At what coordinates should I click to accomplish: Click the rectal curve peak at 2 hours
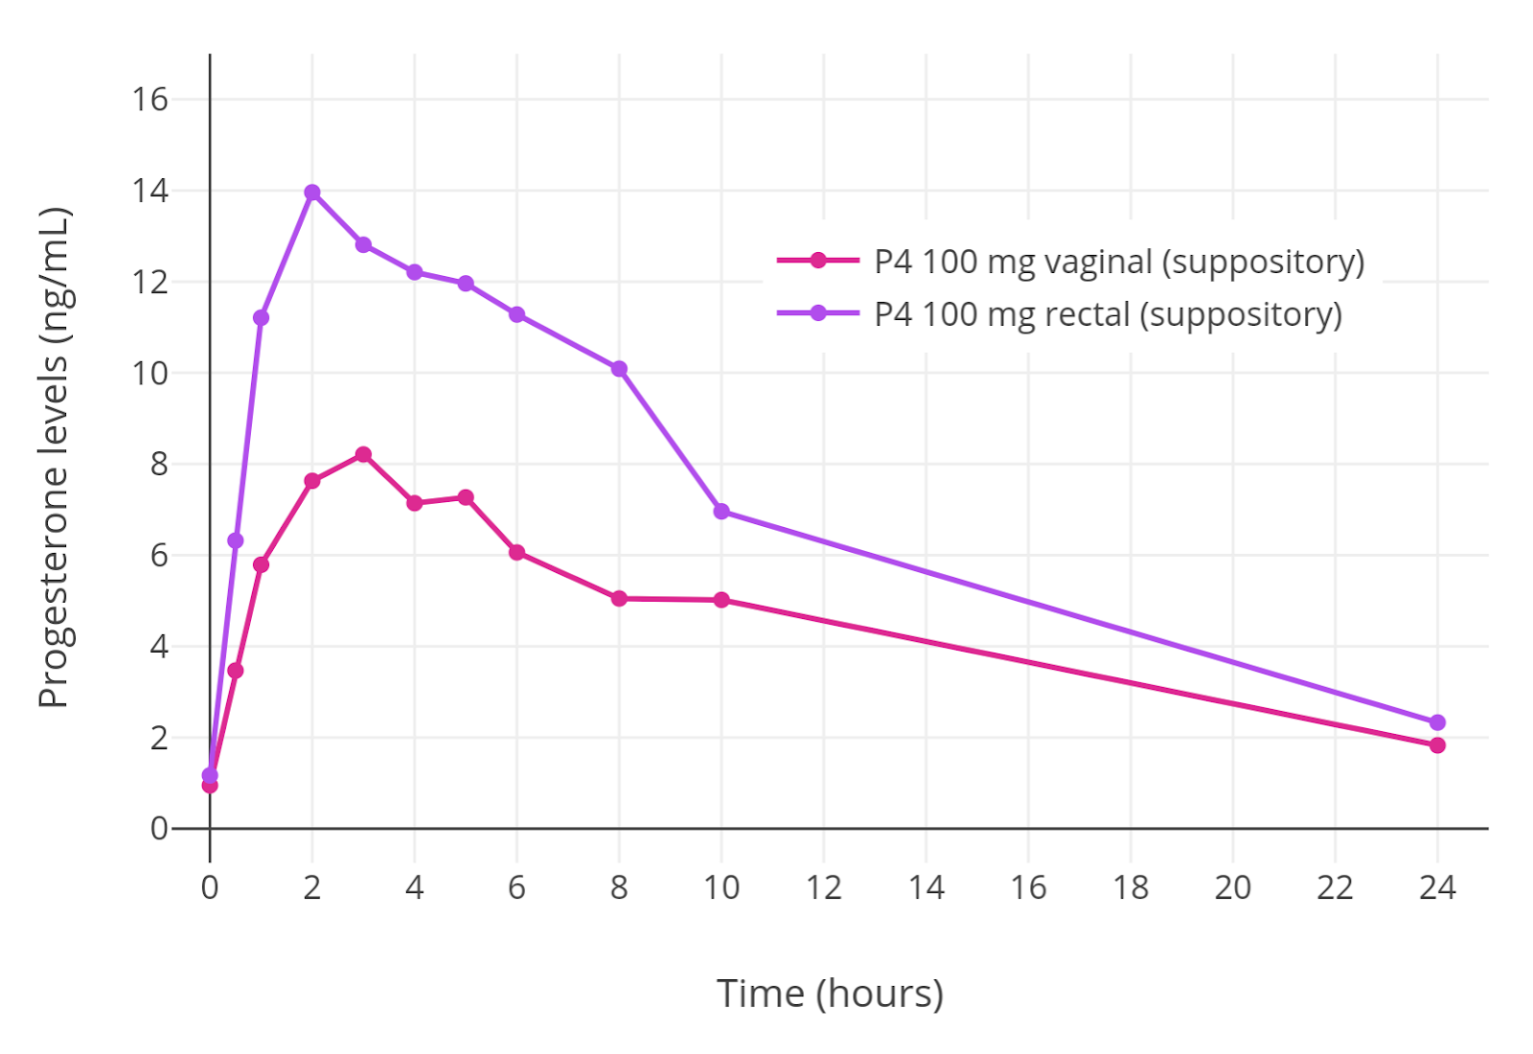[x=312, y=193]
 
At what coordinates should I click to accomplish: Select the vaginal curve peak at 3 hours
[x=363, y=454]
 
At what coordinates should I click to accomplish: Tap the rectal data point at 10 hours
[x=721, y=512]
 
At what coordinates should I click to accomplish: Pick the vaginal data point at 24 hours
[x=1437, y=745]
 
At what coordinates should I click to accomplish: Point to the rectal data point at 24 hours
[x=1437, y=722]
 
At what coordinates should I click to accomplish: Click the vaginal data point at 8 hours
[x=619, y=599]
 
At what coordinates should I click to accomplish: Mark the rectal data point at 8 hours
[x=619, y=369]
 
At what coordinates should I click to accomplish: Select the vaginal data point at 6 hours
[x=516, y=552]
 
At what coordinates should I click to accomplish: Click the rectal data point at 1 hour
[x=261, y=317]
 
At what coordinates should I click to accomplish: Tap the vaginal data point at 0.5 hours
[x=236, y=671]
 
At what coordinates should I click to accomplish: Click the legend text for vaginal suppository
[x=1118, y=261]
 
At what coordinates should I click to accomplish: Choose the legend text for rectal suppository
[x=1108, y=313]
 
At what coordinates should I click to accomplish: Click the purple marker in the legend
[x=818, y=313]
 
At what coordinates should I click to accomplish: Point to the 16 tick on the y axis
[x=150, y=99]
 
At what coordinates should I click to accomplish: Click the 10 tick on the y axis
[x=150, y=373]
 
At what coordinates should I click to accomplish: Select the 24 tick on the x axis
[x=1437, y=887]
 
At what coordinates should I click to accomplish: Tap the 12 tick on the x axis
[x=823, y=887]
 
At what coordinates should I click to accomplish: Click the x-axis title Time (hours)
[x=830, y=994]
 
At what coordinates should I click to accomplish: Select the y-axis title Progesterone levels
[x=55, y=457]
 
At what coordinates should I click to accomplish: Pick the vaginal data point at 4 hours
[x=414, y=503]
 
